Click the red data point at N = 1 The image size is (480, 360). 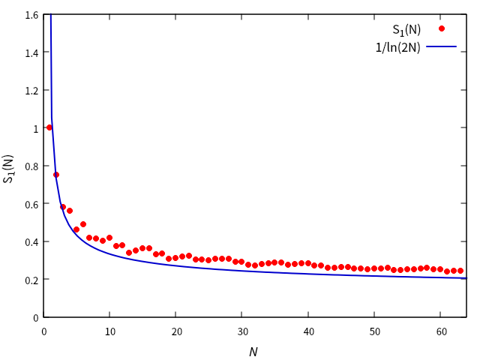point(49,127)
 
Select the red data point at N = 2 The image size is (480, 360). point(56,175)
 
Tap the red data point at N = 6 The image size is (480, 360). point(82,224)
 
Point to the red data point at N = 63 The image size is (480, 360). point(460,271)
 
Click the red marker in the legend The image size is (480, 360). point(442,29)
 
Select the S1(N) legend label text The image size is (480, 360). point(406,30)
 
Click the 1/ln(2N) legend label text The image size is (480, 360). point(398,47)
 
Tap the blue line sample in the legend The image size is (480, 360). point(442,47)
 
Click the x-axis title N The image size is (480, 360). point(253,352)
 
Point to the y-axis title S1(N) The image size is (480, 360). point(9,169)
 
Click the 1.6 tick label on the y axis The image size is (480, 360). point(31,15)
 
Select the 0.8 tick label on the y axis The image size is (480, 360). point(31,166)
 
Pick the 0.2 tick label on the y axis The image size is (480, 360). point(31,279)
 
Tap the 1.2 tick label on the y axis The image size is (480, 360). point(31,91)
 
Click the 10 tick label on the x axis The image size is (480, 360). point(109,331)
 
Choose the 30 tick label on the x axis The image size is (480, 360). point(242,331)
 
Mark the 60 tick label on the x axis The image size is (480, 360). point(441,331)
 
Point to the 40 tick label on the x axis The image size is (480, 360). point(308,331)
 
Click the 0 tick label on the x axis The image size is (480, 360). point(43,331)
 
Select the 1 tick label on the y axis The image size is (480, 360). point(35,128)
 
